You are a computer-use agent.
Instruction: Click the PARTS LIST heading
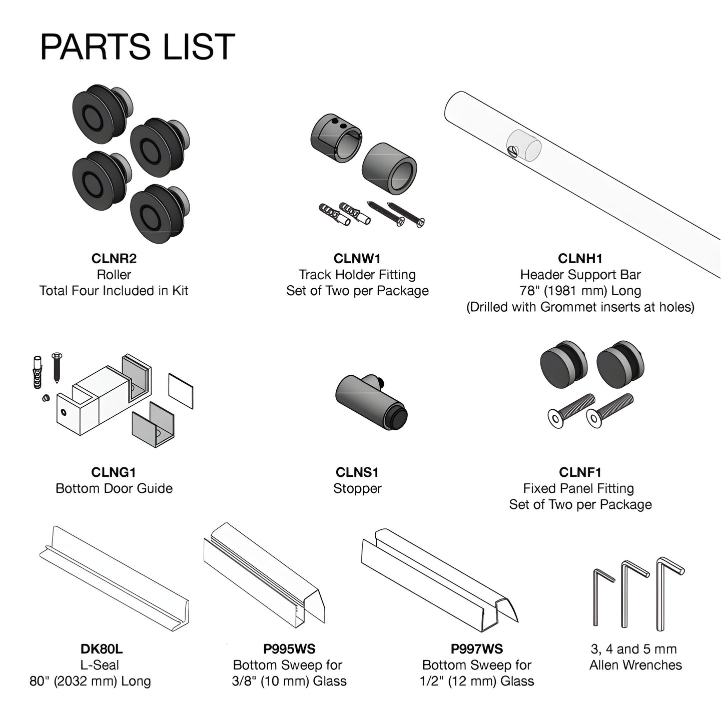[x=137, y=47]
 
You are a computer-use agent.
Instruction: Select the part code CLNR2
[x=114, y=259]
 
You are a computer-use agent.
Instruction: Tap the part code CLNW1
[x=357, y=259]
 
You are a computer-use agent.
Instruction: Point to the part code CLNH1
[x=580, y=259]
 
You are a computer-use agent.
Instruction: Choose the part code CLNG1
[x=114, y=472]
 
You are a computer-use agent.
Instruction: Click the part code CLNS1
[x=357, y=472]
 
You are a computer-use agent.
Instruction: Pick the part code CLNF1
[x=580, y=472]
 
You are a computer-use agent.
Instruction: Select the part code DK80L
[x=102, y=649]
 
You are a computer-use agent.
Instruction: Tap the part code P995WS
[x=289, y=649]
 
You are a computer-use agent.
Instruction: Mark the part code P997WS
[x=477, y=649]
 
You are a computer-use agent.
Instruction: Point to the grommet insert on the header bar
[x=524, y=146]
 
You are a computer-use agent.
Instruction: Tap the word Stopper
[x=357, y=488]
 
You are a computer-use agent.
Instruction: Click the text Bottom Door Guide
[x=114, y=488]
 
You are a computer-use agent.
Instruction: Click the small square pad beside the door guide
[x=181, y=391]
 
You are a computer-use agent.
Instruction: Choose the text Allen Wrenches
[x=635, y=665]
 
